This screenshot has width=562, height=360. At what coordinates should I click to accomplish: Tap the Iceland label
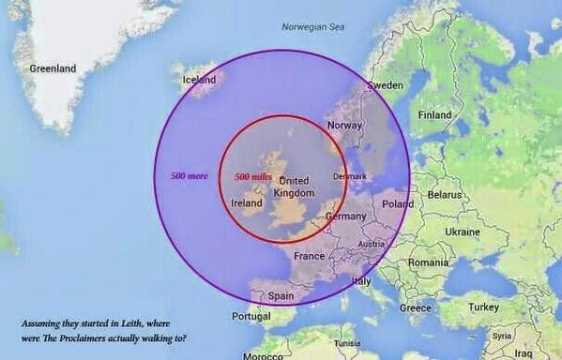point(199,80)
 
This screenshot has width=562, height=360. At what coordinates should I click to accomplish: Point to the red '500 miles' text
point(253,176)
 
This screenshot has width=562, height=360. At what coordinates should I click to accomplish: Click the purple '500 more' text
point(189,175)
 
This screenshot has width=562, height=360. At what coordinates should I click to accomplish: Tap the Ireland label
point(247,202)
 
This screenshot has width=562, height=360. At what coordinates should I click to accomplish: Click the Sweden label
point(385,85)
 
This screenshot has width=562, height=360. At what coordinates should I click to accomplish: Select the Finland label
point(434,115)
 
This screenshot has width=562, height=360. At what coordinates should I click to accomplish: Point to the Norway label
point(344,126)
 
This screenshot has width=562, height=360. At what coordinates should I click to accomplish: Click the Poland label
point(398,203)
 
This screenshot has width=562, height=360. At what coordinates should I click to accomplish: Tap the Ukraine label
point(463,232)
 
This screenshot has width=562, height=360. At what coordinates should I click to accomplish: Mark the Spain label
point(281,295)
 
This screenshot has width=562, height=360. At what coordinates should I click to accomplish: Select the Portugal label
point(251,316)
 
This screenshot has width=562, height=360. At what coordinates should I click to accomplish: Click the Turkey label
point(484,307)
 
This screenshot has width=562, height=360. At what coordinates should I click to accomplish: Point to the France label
point(309,256)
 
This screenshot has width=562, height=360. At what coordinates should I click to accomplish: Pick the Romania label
point(428,262)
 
